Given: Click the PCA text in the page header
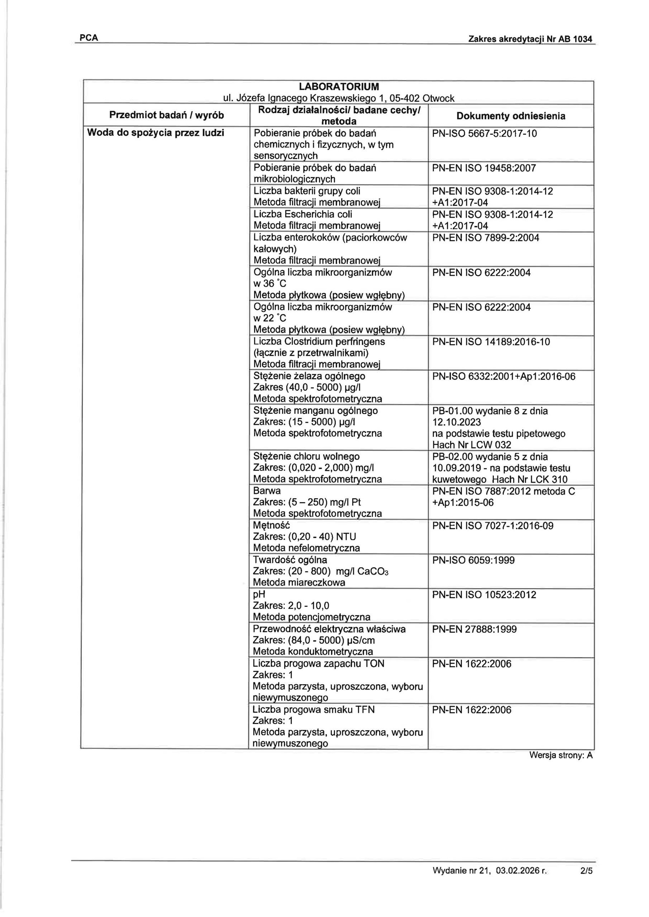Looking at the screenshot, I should [x=89, y=38].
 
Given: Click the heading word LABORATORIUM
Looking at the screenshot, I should [x=339, y=87].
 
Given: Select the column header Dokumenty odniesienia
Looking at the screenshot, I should [x=511, y=116].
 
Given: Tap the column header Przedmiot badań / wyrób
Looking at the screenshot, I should [x=167, y=115].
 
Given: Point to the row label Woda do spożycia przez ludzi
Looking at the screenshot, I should [x=156, y=133].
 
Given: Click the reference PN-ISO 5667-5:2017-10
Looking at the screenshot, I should [x=485, y=133].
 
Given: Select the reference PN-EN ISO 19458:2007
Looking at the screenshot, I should [x=484, y=168].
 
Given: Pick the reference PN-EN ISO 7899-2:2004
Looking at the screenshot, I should [x=486, y=238].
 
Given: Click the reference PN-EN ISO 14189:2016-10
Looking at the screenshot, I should [x=491, y=342].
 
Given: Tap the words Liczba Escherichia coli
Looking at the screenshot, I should [x=303, y=215].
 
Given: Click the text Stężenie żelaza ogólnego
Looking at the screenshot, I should [x=309, y=376].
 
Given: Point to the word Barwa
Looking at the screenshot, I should [x=267, y=491].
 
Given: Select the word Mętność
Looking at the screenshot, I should [x=271, y=525].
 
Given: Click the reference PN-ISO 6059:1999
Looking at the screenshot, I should [x=473, y=560].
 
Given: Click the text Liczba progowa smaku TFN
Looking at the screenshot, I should [x=314, y=710].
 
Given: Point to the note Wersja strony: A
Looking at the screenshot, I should [x=561, y=755].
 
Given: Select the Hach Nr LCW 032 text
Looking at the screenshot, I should [x=472, y=445].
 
